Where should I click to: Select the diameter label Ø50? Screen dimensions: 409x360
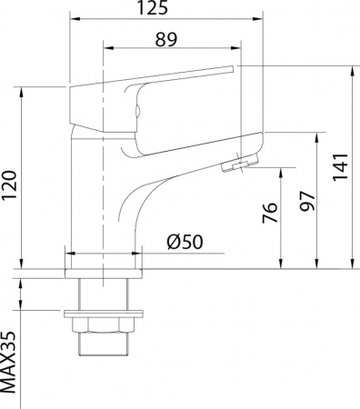pos(185,244)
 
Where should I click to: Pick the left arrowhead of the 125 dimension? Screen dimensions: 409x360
pos(73,19)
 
